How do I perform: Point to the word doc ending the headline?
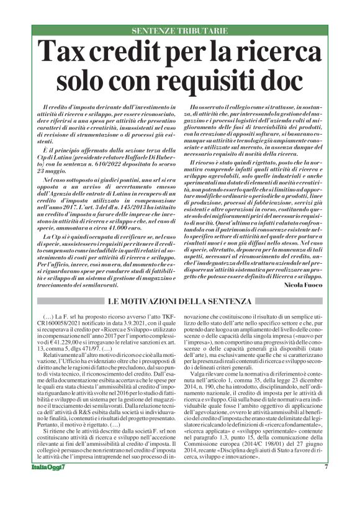(283, 80)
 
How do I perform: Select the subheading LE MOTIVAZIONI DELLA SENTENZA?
(179, 302)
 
